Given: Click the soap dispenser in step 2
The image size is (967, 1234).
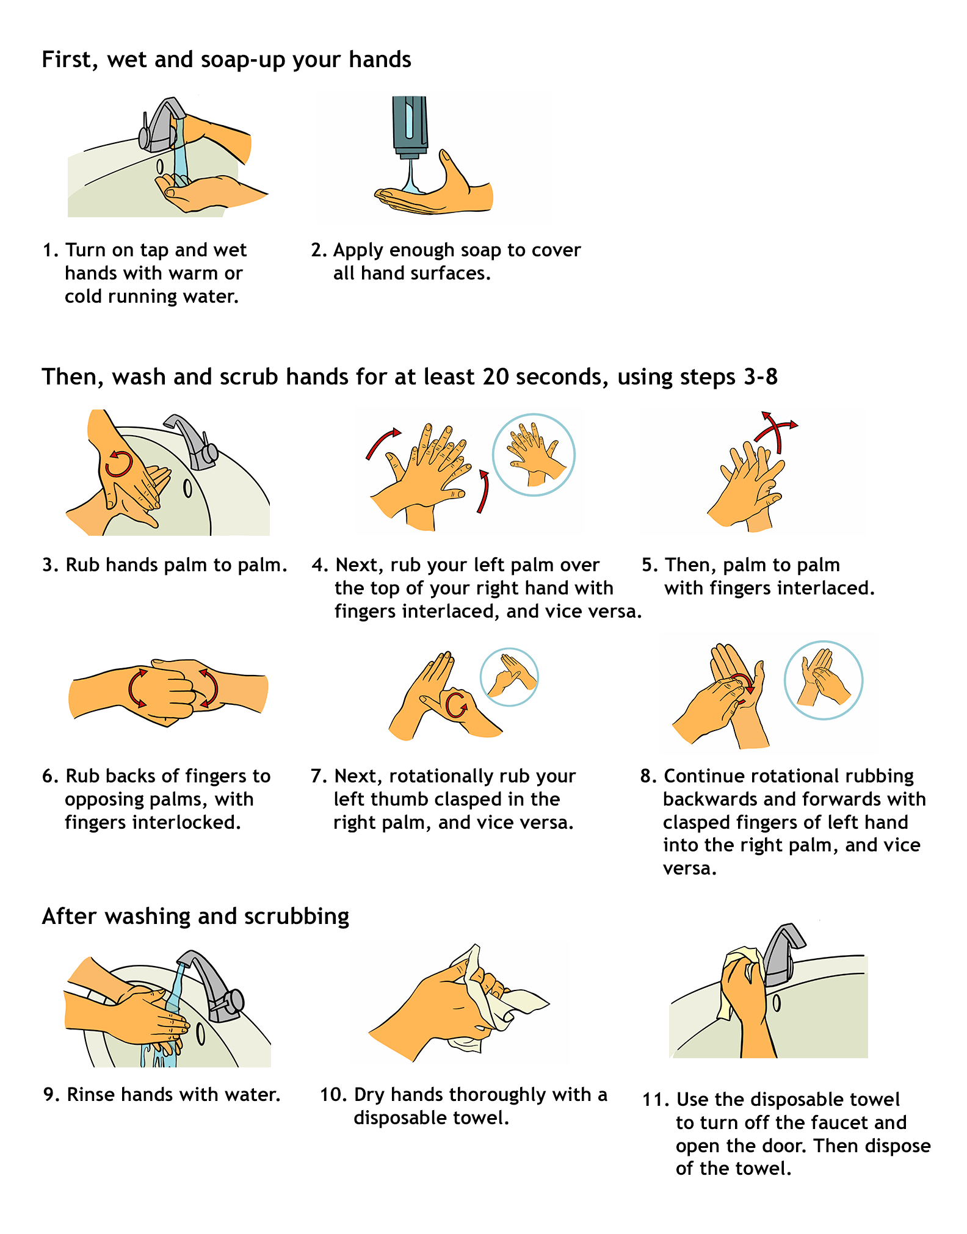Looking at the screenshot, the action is (x=410, y=126).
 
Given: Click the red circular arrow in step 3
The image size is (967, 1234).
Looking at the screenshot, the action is (x=118, y=464).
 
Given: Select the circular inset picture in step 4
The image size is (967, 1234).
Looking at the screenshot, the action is (x=534, y=455).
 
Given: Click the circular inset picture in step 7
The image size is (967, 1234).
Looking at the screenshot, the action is (x=509, y=677).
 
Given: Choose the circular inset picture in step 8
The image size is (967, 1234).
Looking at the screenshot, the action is (x=823, y=680).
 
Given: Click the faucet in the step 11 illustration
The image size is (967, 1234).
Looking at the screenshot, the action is (x=781, y=955).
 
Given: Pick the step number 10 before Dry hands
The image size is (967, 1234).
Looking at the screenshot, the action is (x=333, y=1094).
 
